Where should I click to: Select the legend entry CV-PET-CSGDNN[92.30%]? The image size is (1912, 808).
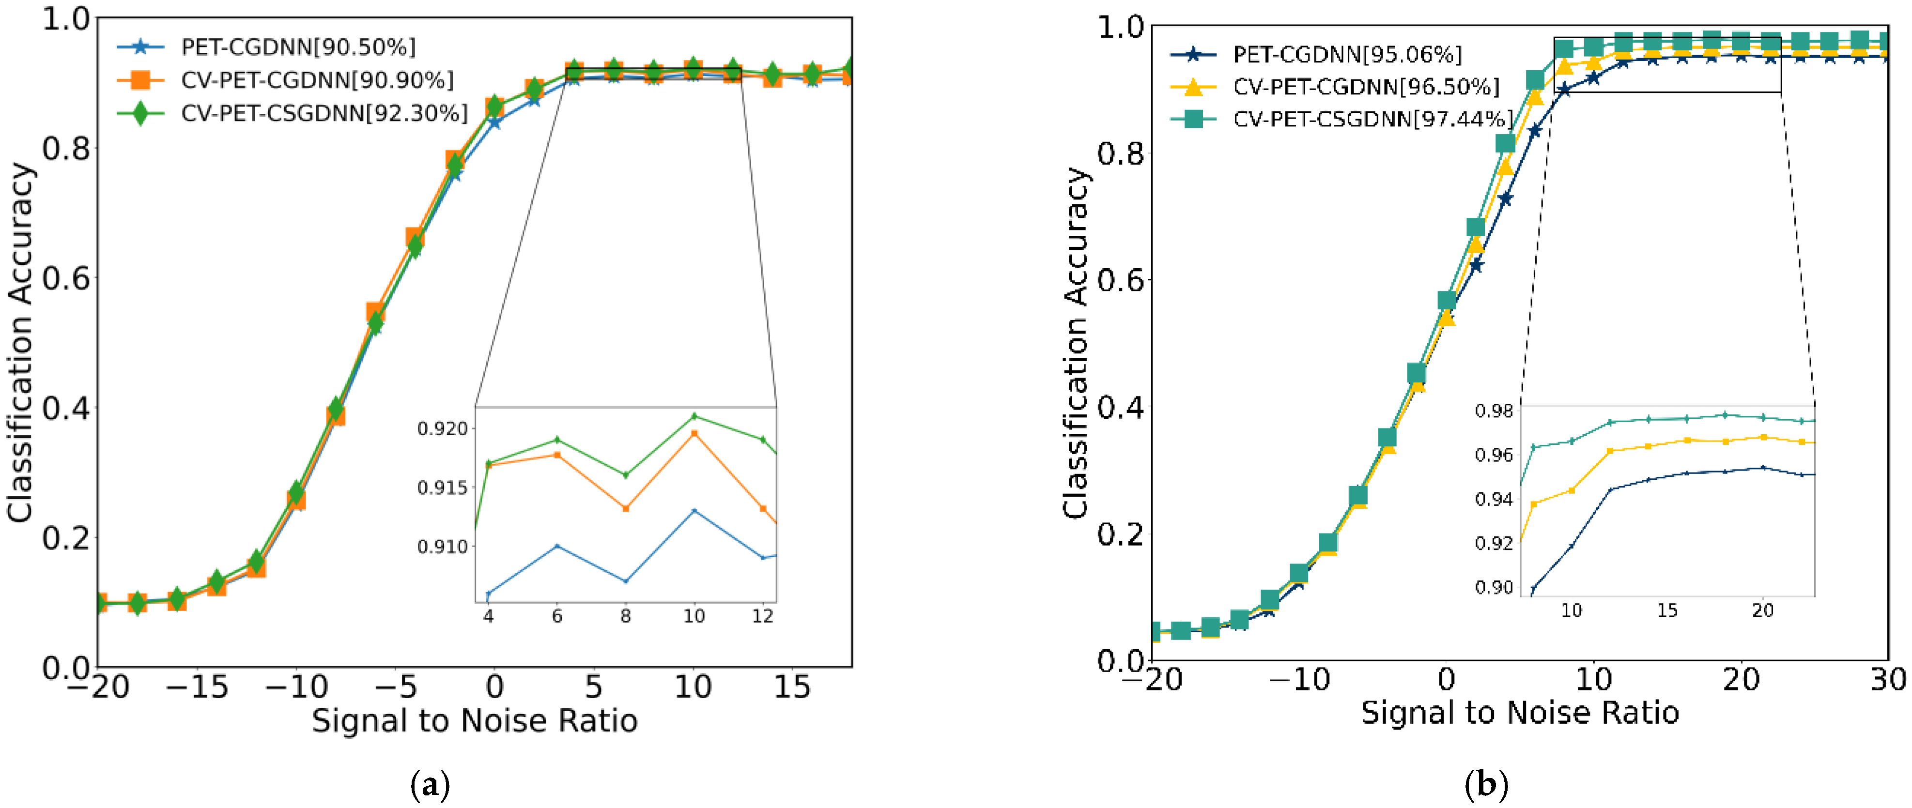[324, 113]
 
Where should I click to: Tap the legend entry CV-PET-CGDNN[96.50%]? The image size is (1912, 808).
[1366, 87]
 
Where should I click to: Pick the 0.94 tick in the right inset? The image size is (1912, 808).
[1494, 499]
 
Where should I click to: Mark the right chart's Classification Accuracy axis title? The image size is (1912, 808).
[1076, 343]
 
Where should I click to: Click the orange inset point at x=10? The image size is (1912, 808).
[694, 433]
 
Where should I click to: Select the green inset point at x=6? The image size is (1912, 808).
[556, 440]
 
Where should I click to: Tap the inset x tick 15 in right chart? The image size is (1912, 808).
[1667, 610]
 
